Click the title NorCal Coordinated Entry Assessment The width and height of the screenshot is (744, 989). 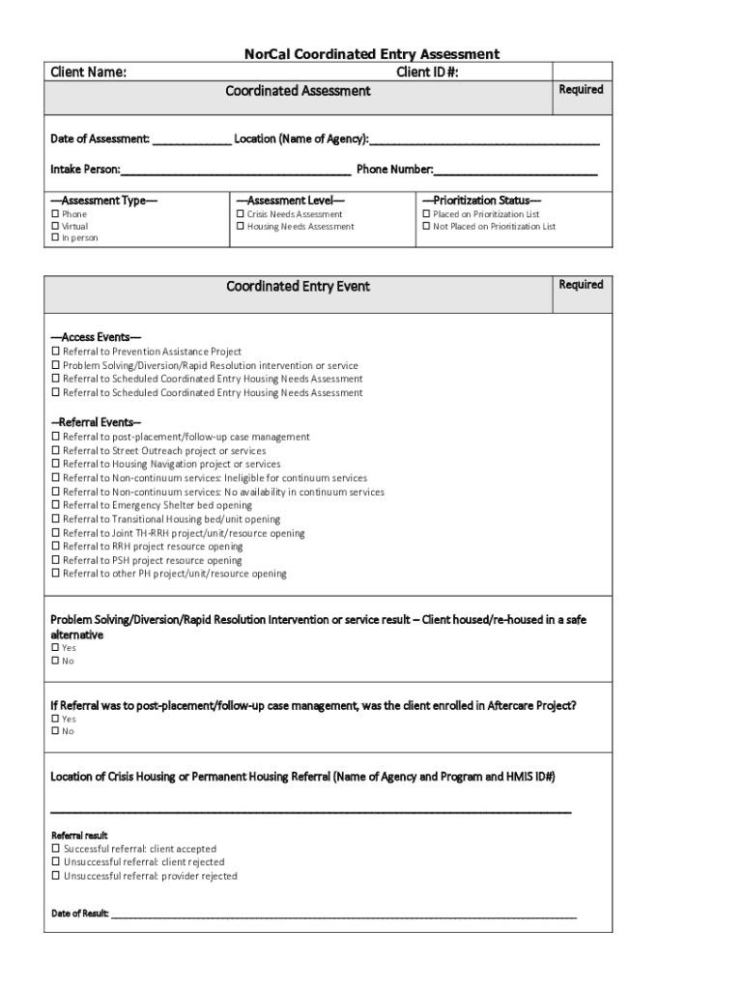tap(371, 54)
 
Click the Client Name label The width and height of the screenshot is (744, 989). tap(88, 71)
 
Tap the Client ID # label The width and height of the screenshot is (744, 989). tap(427, 71)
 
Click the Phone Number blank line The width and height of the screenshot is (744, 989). tap(516, 170)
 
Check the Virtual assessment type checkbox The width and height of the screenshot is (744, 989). tap(55, 226)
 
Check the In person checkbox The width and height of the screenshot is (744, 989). tap(55, 238)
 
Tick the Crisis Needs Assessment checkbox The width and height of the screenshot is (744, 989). tap(240, 214)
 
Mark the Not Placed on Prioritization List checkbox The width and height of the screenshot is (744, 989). tap(426, 226)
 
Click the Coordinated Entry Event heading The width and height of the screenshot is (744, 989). tap(298, 287)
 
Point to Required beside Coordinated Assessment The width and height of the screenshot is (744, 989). tap(581, 90)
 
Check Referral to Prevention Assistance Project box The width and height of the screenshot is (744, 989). tap(55, 352)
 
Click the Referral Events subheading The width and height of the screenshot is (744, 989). tap(96, 422)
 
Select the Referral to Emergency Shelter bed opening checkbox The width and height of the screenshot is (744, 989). tap(55, 505)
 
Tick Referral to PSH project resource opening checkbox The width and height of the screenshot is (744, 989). tap(55, 560)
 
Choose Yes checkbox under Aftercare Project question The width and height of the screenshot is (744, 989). tap(55, 719)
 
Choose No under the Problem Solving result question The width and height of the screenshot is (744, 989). tap(55, 662)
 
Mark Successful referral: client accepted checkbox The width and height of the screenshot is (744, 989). tap(55, 849)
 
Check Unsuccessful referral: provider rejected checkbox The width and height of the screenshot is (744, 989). tap(55, 876)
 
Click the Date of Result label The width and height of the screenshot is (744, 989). tap(79, 913)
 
